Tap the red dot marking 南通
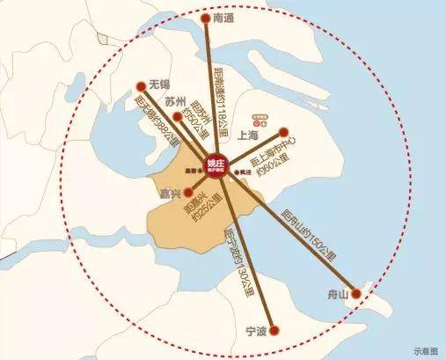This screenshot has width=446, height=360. pos(206,18)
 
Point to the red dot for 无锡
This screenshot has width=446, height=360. pos(141,86)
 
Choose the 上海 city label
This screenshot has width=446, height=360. pos(248,136)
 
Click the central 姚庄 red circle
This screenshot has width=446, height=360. pos(216,165)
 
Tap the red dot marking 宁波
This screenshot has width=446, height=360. pos(274,332)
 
